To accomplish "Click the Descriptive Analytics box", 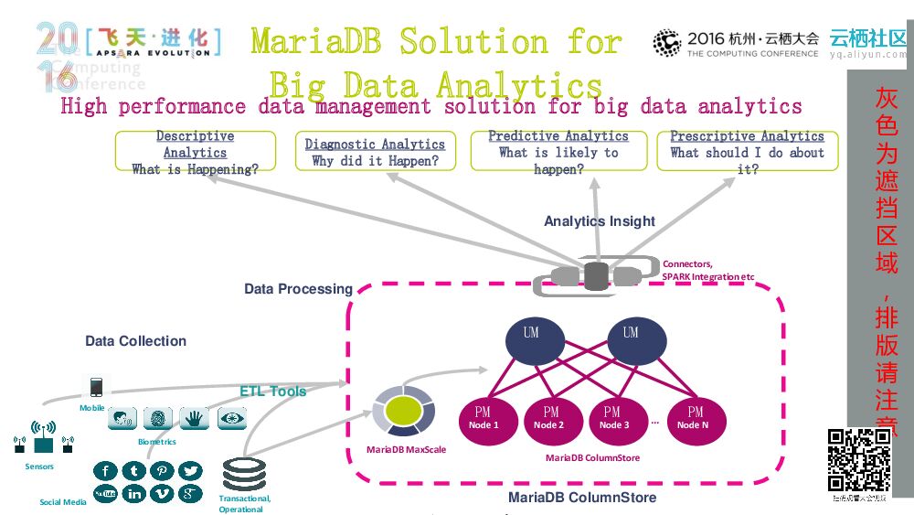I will click(196, 152).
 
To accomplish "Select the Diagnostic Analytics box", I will click(375, 152).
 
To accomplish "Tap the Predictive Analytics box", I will click(558, 152).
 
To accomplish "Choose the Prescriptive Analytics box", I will click(748, 152).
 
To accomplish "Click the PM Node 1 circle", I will click(484, 418).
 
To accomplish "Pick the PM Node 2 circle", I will click(550, 418).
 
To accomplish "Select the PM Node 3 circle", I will click(614, 418).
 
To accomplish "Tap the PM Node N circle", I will click(695, 418).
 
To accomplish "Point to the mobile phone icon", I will click(96, 387).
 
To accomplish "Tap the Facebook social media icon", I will click(106, 471).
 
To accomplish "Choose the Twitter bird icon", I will click(190, 471).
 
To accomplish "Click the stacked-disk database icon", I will click(244, 474).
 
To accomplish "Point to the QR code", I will click(859, 460).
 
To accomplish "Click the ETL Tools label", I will click(273, 392).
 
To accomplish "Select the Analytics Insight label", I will click(600, 221).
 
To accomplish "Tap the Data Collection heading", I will click(136, 341).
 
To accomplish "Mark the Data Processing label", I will click(298, 289).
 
